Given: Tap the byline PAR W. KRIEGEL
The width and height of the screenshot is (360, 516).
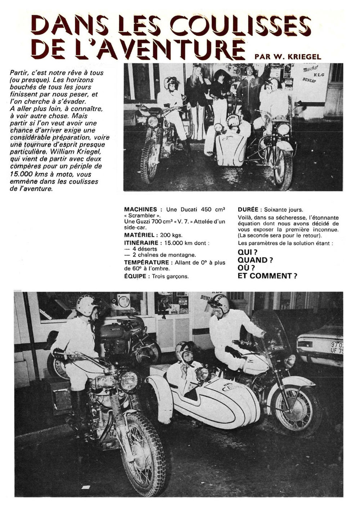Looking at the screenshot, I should pos(287,56).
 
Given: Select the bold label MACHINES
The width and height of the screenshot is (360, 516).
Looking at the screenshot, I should pos(140,209).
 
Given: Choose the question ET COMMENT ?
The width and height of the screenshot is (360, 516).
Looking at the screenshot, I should pos(267,276).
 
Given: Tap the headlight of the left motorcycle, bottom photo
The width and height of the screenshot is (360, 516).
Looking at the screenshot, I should pos(129,380).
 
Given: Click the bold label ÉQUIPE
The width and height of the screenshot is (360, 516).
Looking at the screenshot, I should pos(135,276).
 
